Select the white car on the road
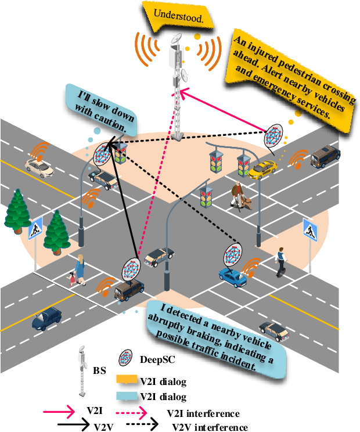[x=39, y=166]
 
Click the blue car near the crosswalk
[x=232, y=276]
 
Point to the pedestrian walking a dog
[x=239, y=195]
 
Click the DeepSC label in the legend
[x=154, y=359]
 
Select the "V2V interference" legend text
[x=210, y=427]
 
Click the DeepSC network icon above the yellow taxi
[x=273, y=136]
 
